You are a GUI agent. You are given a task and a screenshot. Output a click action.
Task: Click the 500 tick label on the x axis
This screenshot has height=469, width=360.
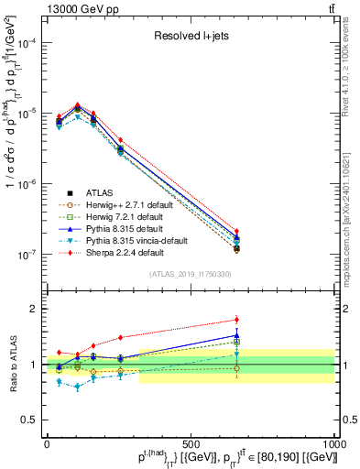click(191, 442)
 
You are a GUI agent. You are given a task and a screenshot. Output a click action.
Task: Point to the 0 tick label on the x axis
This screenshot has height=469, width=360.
click(47, 442)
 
